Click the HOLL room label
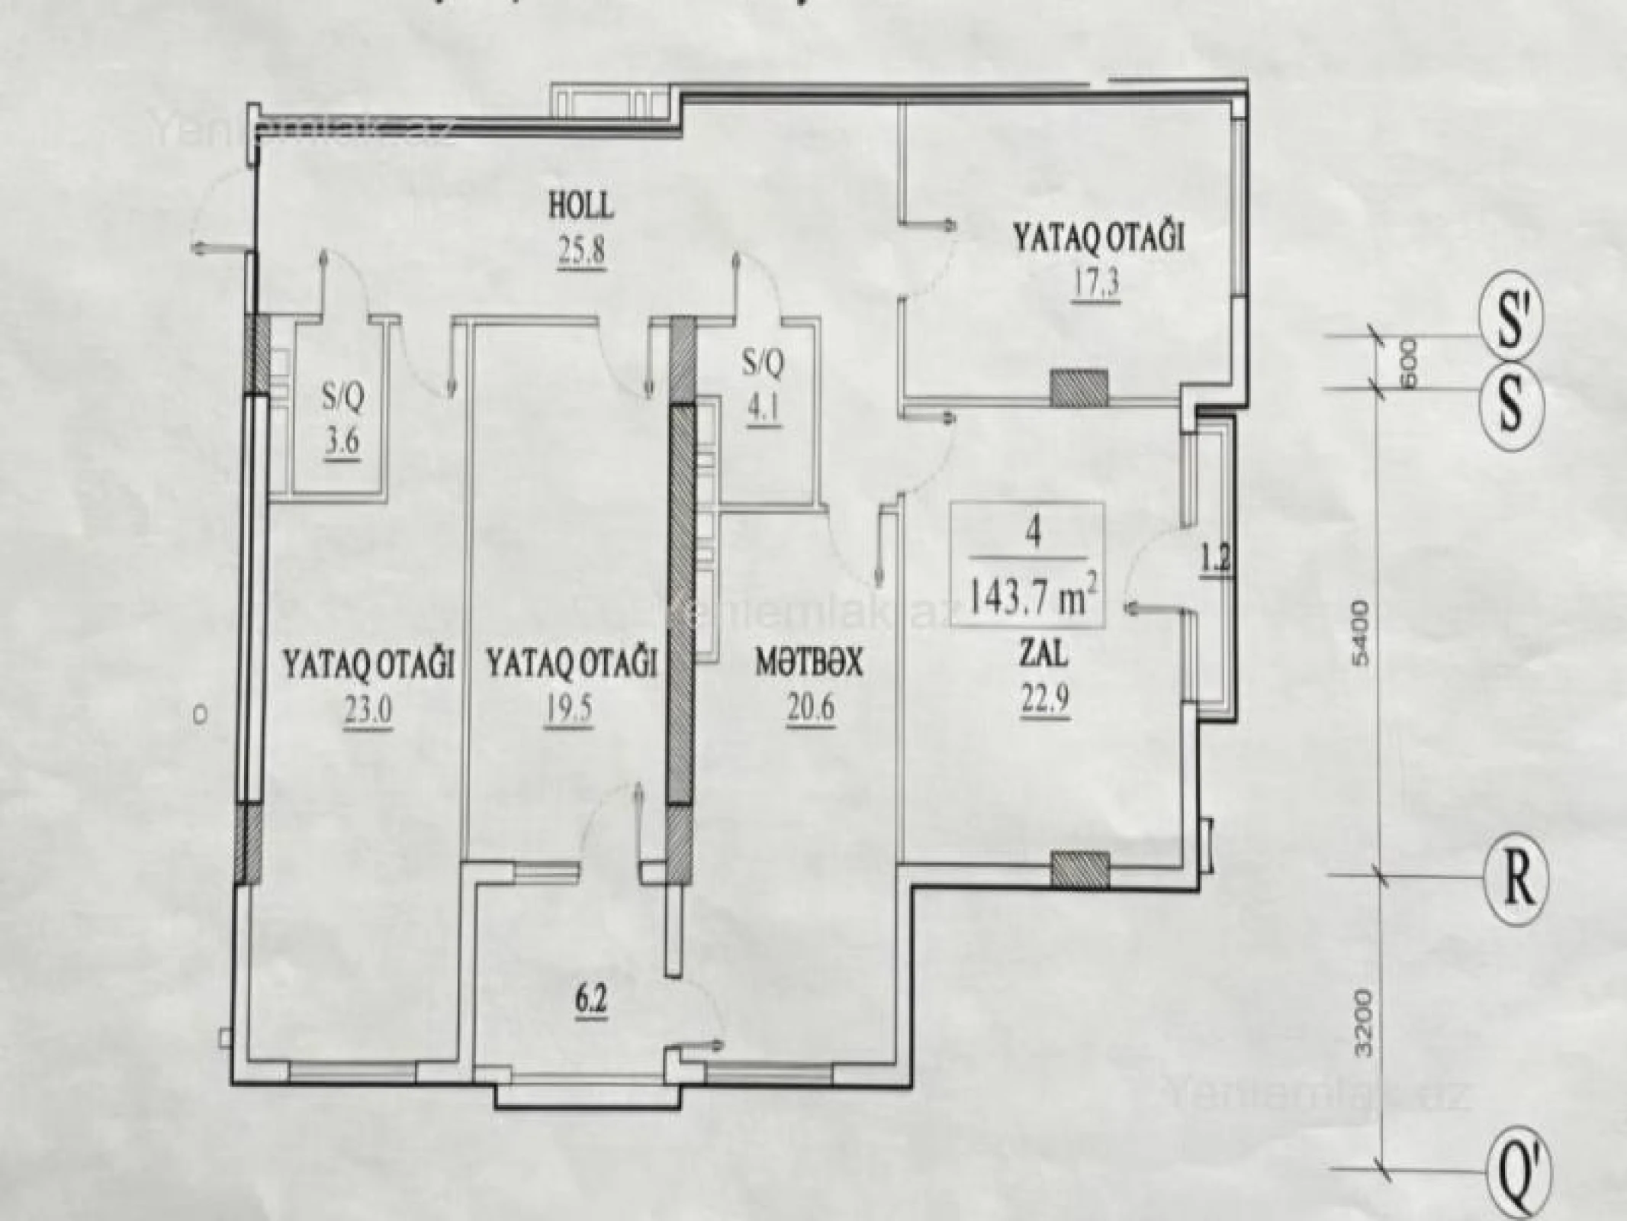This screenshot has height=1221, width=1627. click(x=580, y=206)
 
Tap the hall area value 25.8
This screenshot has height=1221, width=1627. click(x=580, y=250)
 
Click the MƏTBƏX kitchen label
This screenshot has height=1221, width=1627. click(x=809, y=663)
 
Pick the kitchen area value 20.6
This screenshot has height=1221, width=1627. click(x=809, y=707)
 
